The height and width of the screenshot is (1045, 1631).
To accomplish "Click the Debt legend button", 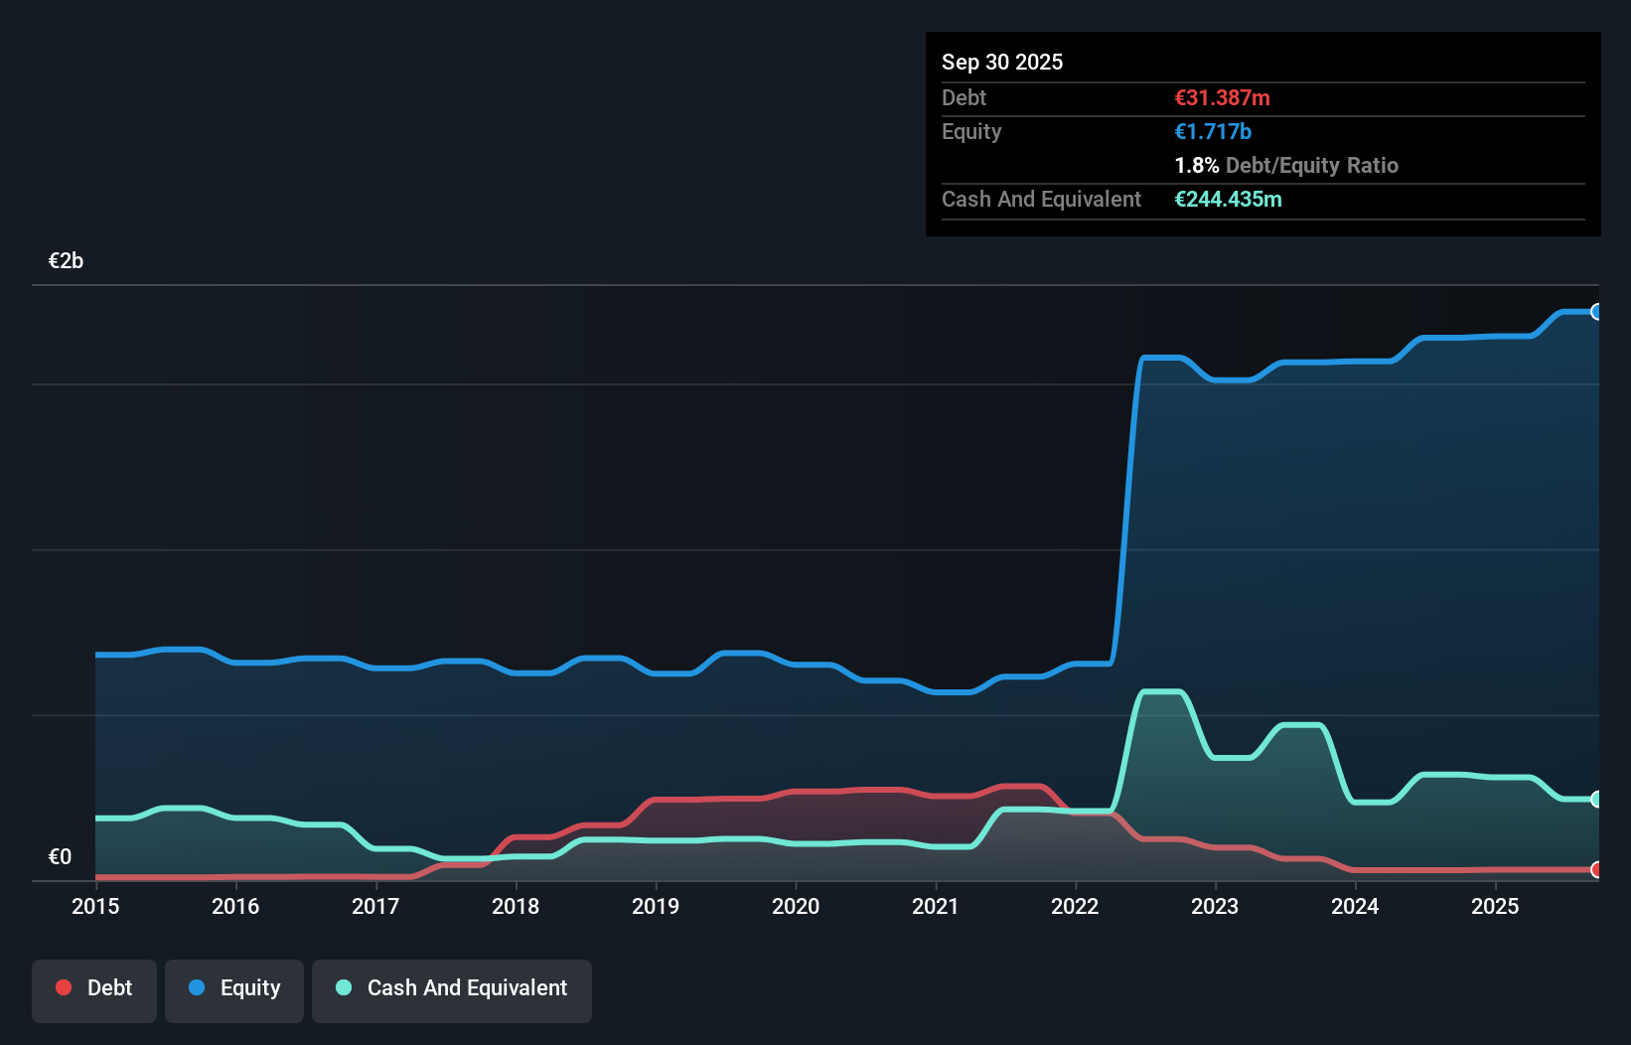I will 94,989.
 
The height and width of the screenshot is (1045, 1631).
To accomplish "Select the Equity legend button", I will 234,989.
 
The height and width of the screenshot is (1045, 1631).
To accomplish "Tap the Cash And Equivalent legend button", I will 452,989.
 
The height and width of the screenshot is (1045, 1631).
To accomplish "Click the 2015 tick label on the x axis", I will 95,906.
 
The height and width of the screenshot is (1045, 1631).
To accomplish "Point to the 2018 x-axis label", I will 516,906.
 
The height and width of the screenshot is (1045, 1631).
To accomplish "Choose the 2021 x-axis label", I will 936,906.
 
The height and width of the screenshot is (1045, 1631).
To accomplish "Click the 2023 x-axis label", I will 1215,906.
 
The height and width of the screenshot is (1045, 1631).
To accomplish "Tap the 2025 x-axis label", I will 1495,906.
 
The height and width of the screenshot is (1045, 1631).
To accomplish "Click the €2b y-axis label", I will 66,261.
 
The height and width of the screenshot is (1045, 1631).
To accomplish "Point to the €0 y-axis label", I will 60,856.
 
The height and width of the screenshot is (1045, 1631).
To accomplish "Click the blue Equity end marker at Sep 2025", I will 1596,312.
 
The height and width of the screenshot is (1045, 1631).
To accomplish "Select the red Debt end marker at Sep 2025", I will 1596,869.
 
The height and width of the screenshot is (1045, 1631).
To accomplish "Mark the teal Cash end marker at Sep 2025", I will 1596,799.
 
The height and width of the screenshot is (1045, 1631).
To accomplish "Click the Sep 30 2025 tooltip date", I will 1001,62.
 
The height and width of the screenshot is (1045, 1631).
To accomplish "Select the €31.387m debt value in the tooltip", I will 1222,97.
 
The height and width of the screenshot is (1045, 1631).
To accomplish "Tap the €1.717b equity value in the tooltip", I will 1212,131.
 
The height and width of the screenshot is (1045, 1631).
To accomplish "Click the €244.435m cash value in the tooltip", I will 1228,199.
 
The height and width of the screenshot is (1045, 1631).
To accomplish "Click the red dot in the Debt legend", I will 64,987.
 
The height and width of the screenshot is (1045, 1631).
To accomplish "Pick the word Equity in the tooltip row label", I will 970,131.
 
